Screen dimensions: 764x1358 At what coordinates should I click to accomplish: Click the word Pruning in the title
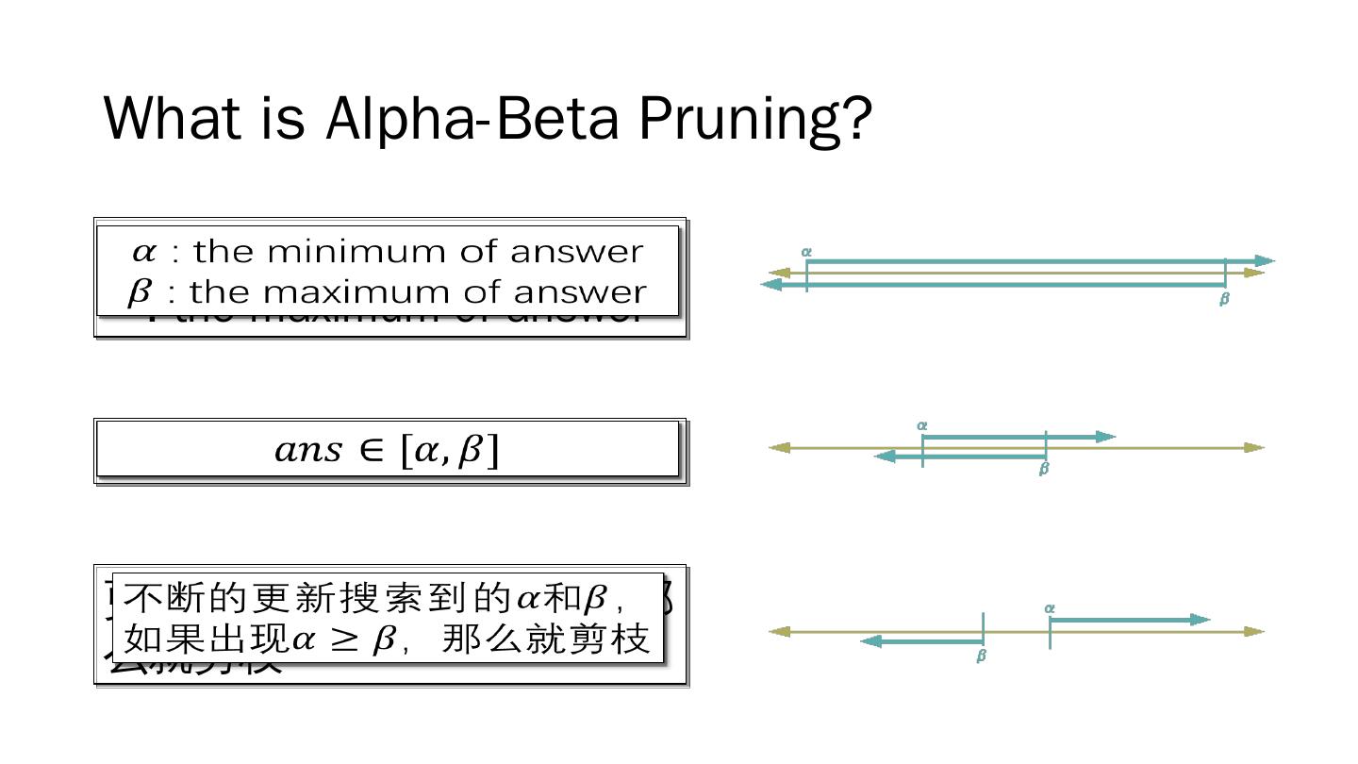coord(754,118)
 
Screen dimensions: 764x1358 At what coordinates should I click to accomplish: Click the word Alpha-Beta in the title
coord(472,118)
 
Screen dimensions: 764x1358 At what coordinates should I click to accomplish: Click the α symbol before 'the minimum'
coord(143,251)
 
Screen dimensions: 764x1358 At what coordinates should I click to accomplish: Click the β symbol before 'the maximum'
coord(139,292)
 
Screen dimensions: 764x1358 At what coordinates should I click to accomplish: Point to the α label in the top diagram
coord(806,252)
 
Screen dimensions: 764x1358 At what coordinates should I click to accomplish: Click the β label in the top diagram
coord(1224,299)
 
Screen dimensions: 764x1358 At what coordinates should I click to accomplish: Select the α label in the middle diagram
coord(922,425)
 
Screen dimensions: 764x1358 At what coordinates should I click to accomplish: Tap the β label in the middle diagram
coord(1043,469)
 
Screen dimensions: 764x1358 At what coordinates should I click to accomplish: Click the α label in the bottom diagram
coord(1050,608)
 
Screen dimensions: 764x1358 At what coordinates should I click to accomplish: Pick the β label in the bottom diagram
coord(981,656)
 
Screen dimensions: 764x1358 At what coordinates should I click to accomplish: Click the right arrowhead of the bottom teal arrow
coord(1200,620)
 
